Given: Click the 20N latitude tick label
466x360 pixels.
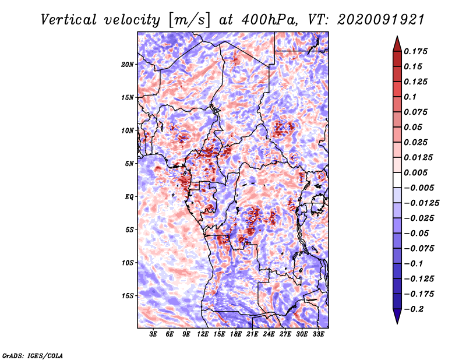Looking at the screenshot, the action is (128, 65).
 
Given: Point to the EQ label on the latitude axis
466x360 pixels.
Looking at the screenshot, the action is (129, 197).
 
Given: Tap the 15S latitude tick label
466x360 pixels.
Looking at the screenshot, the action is (128, 296).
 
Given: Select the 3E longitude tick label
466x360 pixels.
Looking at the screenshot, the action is (153, 334).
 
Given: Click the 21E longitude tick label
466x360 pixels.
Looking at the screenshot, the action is (252, 334).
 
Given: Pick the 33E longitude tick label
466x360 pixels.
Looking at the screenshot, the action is (318, 334).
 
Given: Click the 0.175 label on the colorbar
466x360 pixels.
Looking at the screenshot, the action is (416, 51).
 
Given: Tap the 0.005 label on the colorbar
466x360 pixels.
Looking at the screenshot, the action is (416, 172).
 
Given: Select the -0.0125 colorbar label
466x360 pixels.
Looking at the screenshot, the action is (422, 203).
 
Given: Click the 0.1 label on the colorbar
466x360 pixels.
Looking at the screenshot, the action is (411, 97).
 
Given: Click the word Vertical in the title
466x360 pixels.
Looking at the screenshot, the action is (69, 20).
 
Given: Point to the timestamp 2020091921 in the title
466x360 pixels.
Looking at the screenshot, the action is (381, 20).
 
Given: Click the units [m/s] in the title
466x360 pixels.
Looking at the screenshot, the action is (189, 20).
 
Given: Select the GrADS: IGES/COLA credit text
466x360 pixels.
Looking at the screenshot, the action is (33, 355).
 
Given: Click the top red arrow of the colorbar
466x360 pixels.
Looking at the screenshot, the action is (397, 44).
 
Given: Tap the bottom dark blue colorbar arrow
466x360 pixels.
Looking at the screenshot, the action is (397, 316).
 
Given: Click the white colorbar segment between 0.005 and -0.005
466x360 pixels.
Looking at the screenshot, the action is (397, 180).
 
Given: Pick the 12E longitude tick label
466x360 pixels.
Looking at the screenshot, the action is (202, 334).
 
